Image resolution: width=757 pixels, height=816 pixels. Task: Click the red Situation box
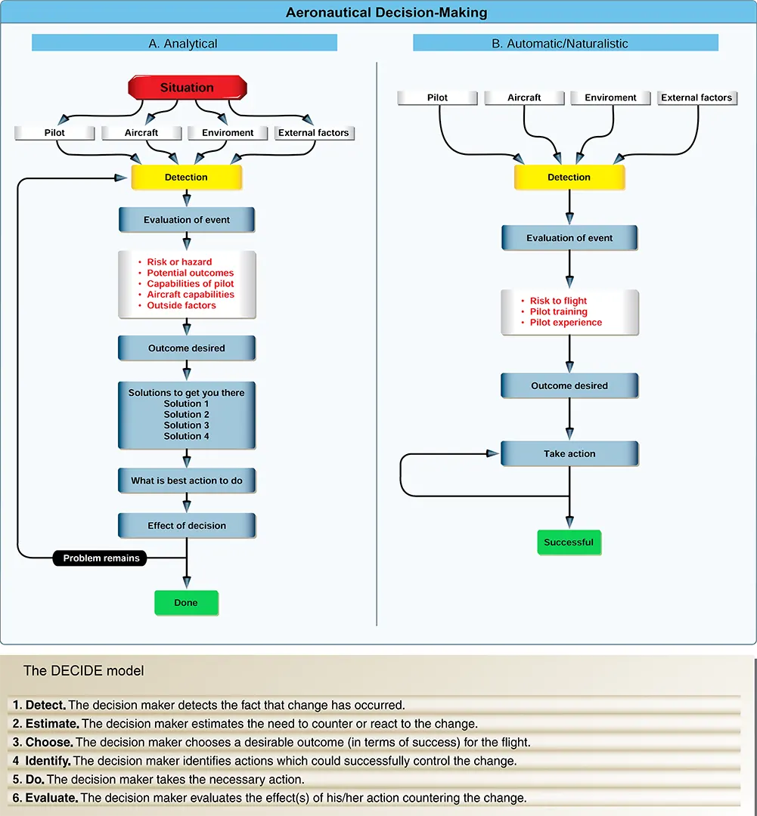[x=187, y=88]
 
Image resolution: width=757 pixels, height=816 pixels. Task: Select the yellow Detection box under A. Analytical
[x=187, y=178]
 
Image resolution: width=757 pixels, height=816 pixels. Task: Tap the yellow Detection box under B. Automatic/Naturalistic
[x=569, y=178]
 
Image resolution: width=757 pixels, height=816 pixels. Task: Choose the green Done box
[x=186, y=603]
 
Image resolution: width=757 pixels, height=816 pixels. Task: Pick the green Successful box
[x=569, y=542]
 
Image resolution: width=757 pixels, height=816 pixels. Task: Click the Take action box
[x=569, y=454]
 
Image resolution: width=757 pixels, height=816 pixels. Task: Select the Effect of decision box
[x=187, y=526]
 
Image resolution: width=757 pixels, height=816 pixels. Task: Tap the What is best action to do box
[x=187, y=481]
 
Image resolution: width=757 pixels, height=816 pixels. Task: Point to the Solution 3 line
[x=187, y=425]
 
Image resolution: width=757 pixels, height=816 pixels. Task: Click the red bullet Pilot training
[x=559, y=312]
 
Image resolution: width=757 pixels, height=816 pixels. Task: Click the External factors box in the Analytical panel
[x=314, y=133]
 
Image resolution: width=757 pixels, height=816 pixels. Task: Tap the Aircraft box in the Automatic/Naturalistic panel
[x=524, y=97]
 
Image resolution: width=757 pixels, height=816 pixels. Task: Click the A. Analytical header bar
[x=185, y=43]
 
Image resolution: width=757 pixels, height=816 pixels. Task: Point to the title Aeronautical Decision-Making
[x=386, y=13]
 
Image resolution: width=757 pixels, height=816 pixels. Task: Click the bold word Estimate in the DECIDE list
[x=52, y=724]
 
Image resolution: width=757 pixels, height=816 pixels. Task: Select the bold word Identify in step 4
[x=48, y=762]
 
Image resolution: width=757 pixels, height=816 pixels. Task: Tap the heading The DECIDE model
[x=83, y=671]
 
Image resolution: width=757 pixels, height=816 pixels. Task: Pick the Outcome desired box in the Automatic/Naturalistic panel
[x=569, y=385]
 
